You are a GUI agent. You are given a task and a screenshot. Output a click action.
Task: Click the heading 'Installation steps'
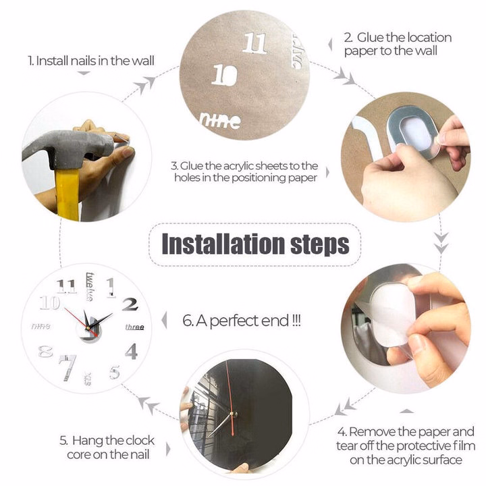pyautogui.click(x=255, y=244)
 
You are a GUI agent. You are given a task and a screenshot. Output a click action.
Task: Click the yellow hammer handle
pyautogui.click(x=67, y=194)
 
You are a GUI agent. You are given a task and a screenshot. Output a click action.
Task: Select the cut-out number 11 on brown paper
pyautogui.click(x=254, y=43)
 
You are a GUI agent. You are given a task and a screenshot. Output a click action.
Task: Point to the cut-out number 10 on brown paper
pyautogui.click(x=225, y=74)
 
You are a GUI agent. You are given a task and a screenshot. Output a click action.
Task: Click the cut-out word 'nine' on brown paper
pyautogui.click(x=220, y=121)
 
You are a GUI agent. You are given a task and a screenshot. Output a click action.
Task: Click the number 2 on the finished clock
pyautogui.click(x=130, y=304)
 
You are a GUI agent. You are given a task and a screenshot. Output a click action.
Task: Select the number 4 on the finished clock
pyautogui.click(x=132, y=351)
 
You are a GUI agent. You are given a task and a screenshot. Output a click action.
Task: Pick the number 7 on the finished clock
pyautogui.click(x=67, y=367)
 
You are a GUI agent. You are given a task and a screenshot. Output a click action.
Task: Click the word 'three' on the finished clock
pyautogui.click(x=134, y=327)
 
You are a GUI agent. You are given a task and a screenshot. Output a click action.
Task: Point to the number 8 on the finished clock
pyautogui.click(x=45, y=351)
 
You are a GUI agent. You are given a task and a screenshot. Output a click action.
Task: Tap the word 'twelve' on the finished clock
pyautogui.click(x=90, y=286)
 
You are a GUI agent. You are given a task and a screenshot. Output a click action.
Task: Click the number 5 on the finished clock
pyautogui.click(x=115, y=372)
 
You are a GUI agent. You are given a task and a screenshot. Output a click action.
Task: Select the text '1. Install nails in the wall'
pyautogui.click(x=91, y=61)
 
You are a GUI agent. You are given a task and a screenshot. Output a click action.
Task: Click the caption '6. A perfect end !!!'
pyautogui.click(x=242, y=321)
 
